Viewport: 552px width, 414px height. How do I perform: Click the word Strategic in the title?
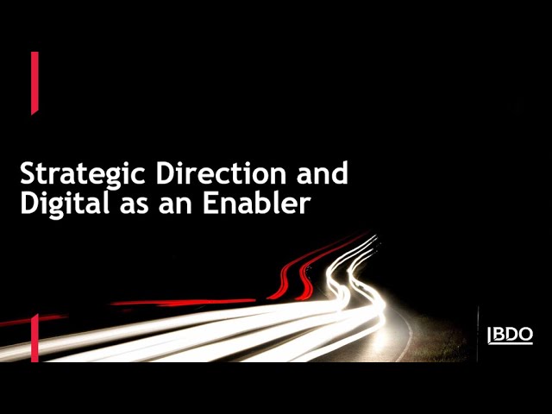tap(83, 174)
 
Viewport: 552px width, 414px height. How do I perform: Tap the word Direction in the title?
tap(221, 172)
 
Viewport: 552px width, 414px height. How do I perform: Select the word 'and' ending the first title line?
tap(322, 172)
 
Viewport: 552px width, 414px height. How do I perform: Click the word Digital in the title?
tap(65, 204)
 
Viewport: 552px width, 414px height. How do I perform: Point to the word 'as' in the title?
tap(135, 206)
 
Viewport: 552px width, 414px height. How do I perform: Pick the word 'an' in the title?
tap(175, 206)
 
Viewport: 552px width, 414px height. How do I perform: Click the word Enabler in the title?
tap(257, 203)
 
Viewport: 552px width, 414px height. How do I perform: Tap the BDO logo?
tap(510, 336)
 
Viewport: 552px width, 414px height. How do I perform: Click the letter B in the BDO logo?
tap(498, 334)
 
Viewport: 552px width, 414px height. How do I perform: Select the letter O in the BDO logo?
tap(526, 334)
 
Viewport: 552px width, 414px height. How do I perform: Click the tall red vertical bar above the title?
tap(34, 83)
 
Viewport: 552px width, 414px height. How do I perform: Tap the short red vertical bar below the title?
tap(34, 338)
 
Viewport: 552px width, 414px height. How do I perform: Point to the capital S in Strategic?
tap(28, 173)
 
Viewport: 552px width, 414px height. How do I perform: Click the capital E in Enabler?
tap(210, 204)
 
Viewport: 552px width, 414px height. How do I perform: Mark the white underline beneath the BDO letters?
tap(511, 343)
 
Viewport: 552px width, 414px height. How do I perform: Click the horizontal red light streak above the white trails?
tap(183, 302)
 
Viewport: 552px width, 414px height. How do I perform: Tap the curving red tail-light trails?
tap(317, 267)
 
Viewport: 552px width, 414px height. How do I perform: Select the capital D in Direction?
tap(166, 173)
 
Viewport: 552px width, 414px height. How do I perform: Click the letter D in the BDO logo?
tap(511, 334)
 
